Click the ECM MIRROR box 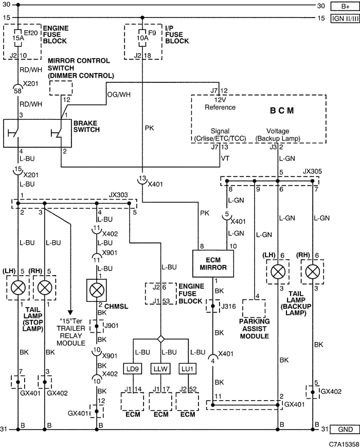213,264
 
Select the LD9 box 132,369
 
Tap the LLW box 160,369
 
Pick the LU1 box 187,369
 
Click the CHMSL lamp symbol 97,290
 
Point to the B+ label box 345,6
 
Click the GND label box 345,429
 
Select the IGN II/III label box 345,19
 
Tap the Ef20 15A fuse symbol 18,38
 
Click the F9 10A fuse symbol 142,38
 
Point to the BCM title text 282,111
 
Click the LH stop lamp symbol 18,288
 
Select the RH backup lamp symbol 313,272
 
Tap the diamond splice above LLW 160,339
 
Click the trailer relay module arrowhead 70,313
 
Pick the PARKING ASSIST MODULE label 254,329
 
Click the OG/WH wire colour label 119,95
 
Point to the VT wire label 225,158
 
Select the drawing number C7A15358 344,444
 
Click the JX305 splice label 312,171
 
